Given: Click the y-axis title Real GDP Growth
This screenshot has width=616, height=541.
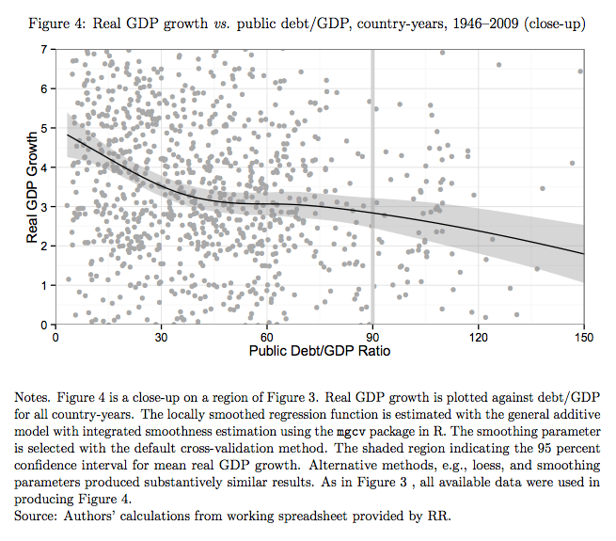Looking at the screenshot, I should point(33,185).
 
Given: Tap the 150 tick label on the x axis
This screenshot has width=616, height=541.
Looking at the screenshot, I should point(584,338).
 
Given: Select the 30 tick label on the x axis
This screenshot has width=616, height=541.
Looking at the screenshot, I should point(162,338).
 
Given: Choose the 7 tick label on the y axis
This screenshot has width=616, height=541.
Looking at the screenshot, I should point(43,49).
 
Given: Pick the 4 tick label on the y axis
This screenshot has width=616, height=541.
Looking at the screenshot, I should point(43,167).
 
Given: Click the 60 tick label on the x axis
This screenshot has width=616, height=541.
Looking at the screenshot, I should point(267,338).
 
